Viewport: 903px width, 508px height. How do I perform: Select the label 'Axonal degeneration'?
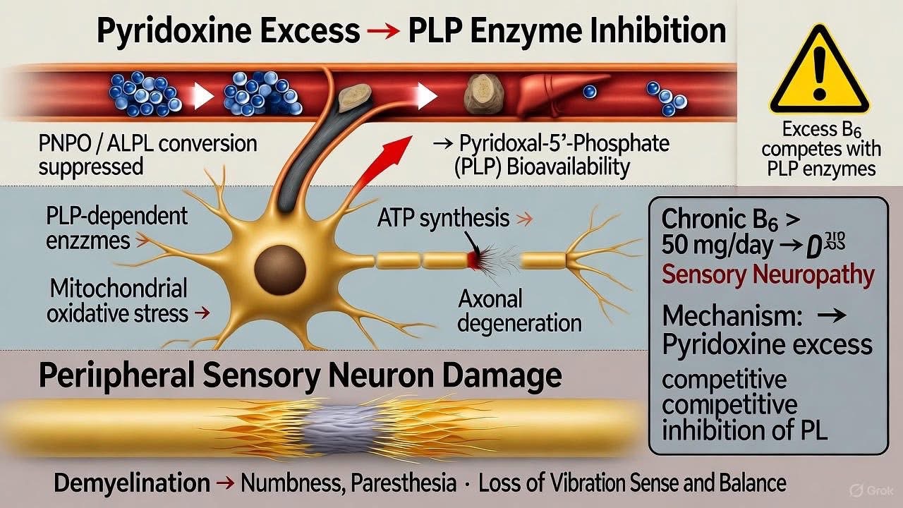pyautogui.click(x=520, y=310)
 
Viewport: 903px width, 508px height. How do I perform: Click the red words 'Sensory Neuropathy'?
pyautogui.click(x=768, y=275)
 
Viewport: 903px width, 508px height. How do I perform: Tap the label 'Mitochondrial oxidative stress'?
pyautogui.click(x=117, y=301)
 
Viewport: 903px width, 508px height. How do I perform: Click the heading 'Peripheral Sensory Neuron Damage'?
pyautogui.click(x=300, y=376)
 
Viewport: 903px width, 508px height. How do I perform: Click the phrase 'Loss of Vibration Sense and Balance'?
pyautogui.click(x=631, y=483)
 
